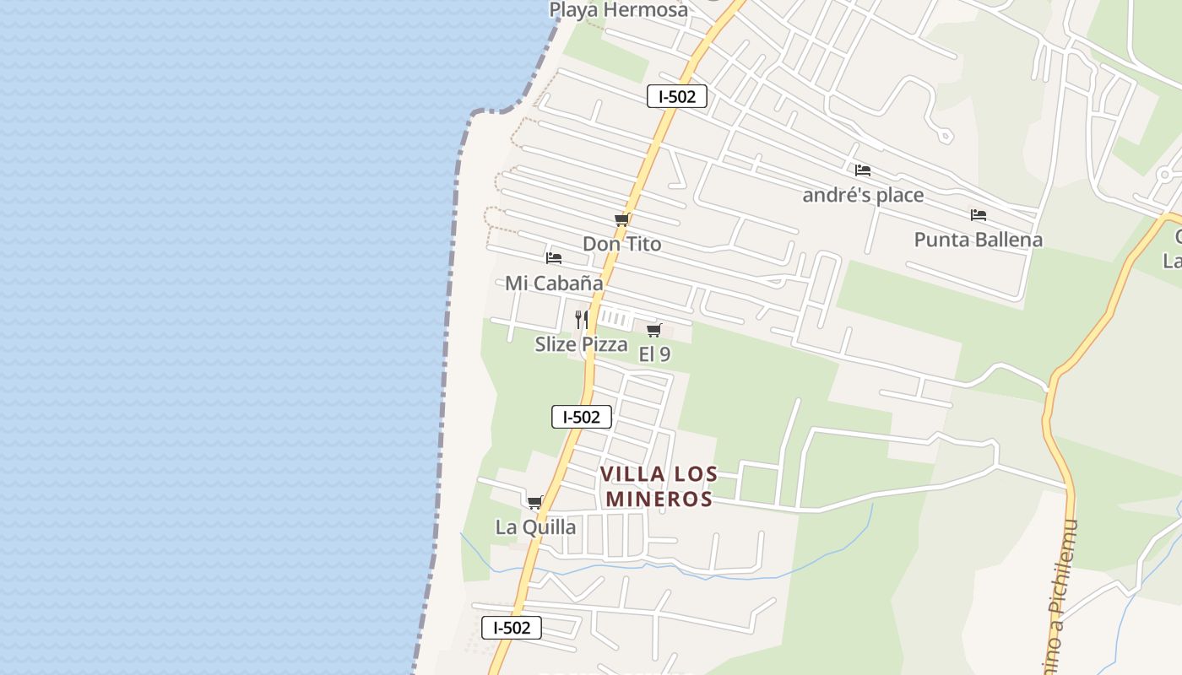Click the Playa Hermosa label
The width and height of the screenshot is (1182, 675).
coord(618,10)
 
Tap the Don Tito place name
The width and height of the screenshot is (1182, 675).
coord(622,244)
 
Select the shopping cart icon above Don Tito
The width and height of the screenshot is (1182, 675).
coord(622,220)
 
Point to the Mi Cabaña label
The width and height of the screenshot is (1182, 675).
coord(554,283)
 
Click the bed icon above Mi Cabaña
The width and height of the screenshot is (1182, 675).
coord(554,257)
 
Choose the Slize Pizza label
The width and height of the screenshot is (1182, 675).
coord(582,344)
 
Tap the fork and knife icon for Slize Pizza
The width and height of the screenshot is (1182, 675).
coord(582,319)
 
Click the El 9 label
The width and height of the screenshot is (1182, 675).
coord(654,354)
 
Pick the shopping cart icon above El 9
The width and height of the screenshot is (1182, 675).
coord(653,330)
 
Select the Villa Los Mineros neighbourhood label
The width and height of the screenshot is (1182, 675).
coord(659,487)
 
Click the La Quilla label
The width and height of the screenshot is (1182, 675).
coord(535,527)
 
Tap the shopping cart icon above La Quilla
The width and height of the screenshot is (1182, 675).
coord(534,503)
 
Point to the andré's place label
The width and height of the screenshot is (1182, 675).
coord(863,196)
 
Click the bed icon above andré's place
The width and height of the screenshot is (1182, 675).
coord(862,170)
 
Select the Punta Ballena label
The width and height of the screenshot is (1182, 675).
coord(979,240)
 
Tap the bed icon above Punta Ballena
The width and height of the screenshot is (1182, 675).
coord(979,215)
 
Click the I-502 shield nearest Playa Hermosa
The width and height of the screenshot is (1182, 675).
coord(677,96)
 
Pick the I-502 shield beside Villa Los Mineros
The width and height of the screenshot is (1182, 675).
coord(582,417)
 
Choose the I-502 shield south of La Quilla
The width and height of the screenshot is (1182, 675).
coord(512,628)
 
